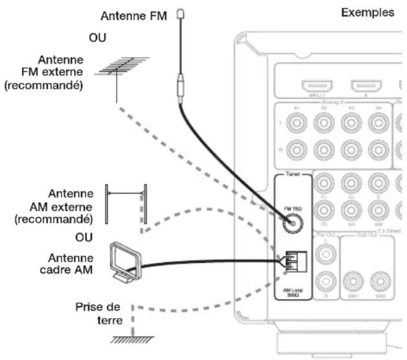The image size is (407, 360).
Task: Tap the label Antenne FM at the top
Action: coord(140,15)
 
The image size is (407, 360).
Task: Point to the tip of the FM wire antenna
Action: coord(182,14)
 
